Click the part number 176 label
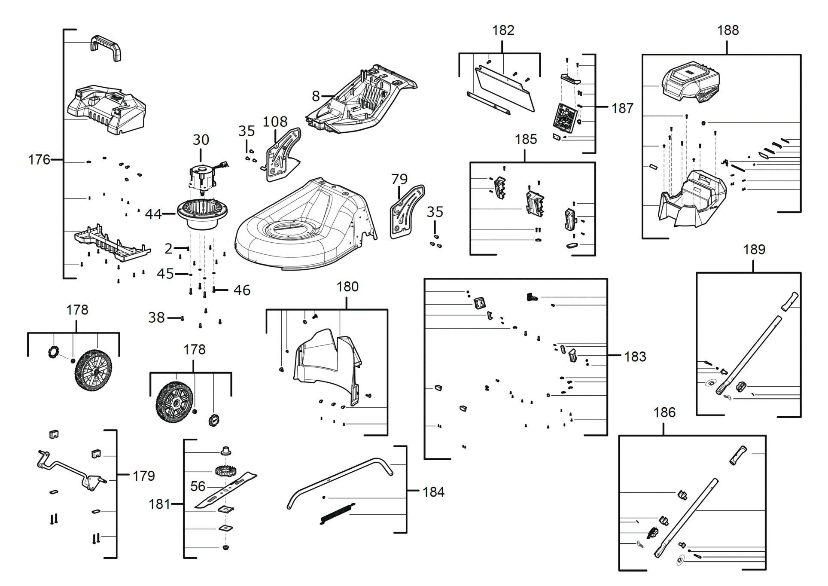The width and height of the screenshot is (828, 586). [x=39, y=160]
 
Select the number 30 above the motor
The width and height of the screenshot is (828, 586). [x=201, y=140]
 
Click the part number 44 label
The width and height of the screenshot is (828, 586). [x=153, y=214]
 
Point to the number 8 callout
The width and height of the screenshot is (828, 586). [x=316, y=96]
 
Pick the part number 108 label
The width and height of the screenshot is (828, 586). [x=275, y=122]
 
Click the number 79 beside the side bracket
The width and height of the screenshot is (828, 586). [x=399, y=179]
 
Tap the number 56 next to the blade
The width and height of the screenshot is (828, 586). [x=198, y=486]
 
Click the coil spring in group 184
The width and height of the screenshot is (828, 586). [x=338, y=513]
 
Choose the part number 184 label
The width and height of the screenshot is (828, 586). [x=433, y=492]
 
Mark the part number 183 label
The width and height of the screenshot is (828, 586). [x=635, y=357]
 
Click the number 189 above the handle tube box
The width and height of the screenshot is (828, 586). [x=754, y=250]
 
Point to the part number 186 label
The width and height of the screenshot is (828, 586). [x=664, y=412]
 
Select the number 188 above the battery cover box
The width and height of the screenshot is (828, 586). [x=728, y=31]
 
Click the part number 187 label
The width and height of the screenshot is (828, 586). [x=622, y=108]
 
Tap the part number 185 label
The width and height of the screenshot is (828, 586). [x=526, y=139]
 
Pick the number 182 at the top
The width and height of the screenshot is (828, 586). [x=503, y=31]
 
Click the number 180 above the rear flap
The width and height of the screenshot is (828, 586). [x=347, y=287]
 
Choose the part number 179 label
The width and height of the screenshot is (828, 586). [x=143, y=476]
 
